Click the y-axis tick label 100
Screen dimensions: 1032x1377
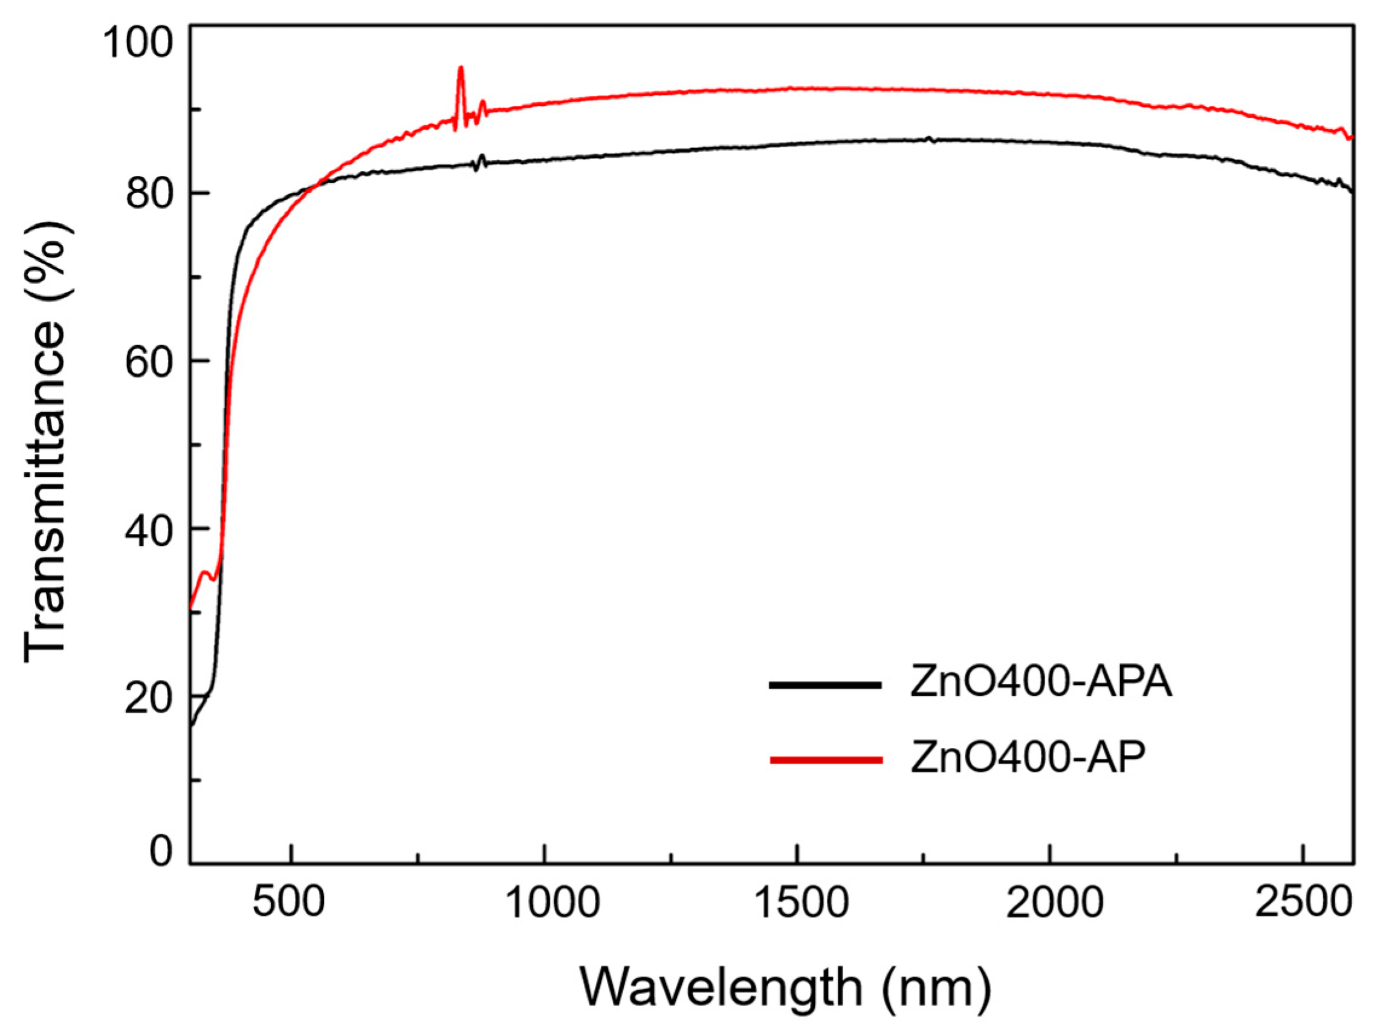pyautogui.click(x=137, y=43)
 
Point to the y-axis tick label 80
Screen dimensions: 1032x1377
pyautogui.click(x=148, y=195)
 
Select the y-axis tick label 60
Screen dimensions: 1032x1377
pyautogui.click(x=148, y=362)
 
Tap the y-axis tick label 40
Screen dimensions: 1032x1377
pyautogui.click(x=148, y=530)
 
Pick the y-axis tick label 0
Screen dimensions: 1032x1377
pyautogui.click(x=161, y=850)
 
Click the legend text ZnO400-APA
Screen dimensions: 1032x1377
pyautogui.click(x=1041, y=683)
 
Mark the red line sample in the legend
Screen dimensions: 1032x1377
pyautogui.click(x=826, y=759)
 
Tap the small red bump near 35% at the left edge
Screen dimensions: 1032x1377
pyautogui.click(x=205, y=573)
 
